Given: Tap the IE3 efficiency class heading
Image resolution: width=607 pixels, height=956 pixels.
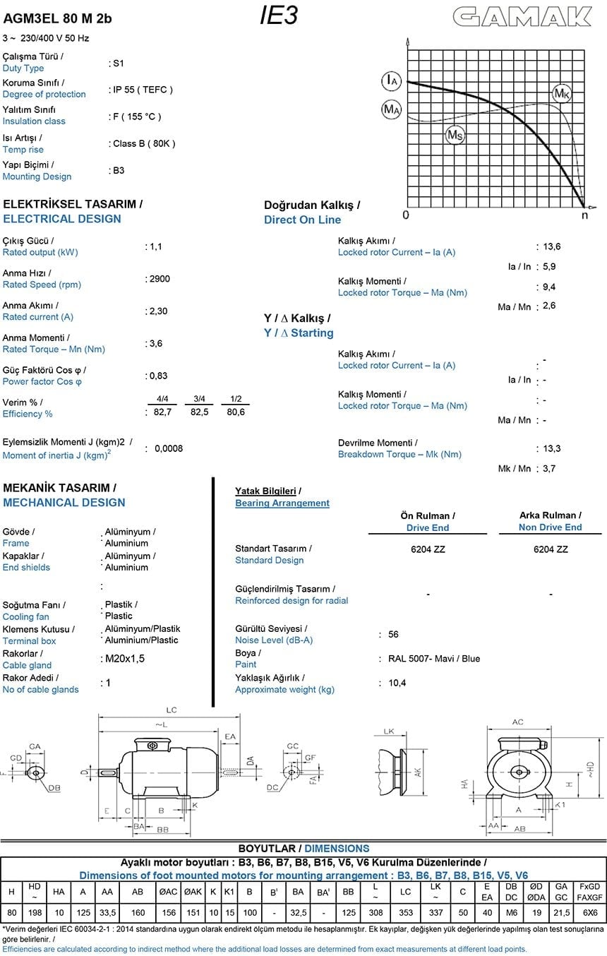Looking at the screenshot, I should coord(278,16).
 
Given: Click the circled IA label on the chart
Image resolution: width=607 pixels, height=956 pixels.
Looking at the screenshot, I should coord(391,80).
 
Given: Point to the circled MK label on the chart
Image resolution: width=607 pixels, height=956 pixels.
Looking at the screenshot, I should coord(561,93).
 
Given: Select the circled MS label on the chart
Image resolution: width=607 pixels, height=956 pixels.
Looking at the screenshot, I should coord(455,135).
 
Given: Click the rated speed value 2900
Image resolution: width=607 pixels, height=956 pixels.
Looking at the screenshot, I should coord(159,279).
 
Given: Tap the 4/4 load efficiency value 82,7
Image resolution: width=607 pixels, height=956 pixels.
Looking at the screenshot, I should coord(163,412).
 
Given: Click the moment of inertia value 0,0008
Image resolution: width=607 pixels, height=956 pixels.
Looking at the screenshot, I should coord(169,448).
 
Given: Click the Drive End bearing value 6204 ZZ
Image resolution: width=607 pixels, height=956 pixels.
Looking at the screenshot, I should coord(428,549).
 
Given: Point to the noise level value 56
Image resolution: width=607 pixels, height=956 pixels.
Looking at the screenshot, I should coord(394,635).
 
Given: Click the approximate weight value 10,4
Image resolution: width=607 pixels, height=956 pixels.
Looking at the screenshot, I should coord(397,683).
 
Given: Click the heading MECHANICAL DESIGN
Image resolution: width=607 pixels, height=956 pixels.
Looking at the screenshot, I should coord(64,503).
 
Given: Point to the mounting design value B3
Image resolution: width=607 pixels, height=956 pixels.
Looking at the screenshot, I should coord(119,170).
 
